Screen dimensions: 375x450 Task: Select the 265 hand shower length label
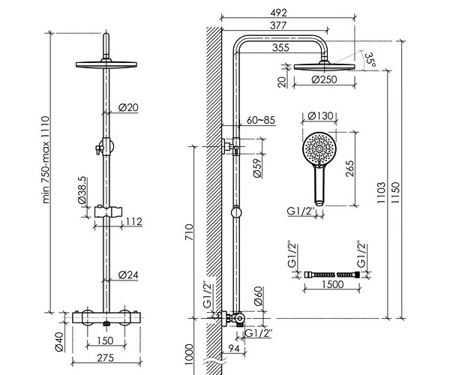(x=349, y=169)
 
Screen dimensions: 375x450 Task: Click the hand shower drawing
(x=318, y=161)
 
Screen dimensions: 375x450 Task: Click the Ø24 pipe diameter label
(x=129, y=275)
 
